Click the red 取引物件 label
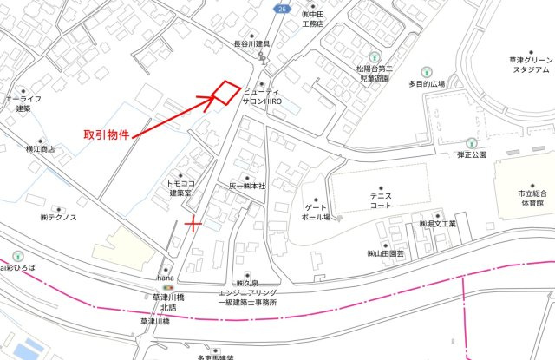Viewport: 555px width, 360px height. [106, 135]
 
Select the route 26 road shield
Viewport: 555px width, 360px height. [284, 8]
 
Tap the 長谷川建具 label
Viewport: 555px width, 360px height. [252, 43]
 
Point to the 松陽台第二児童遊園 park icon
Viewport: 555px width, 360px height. [375, 54]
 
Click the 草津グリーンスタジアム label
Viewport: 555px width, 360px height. [529, 65]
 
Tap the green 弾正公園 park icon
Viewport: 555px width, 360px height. [471, 142]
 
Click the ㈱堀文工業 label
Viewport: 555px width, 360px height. [433, 224]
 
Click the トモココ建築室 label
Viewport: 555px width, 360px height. [186, 188]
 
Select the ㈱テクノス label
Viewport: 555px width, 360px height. [58, 218]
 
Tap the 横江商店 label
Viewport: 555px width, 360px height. [40, 148]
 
